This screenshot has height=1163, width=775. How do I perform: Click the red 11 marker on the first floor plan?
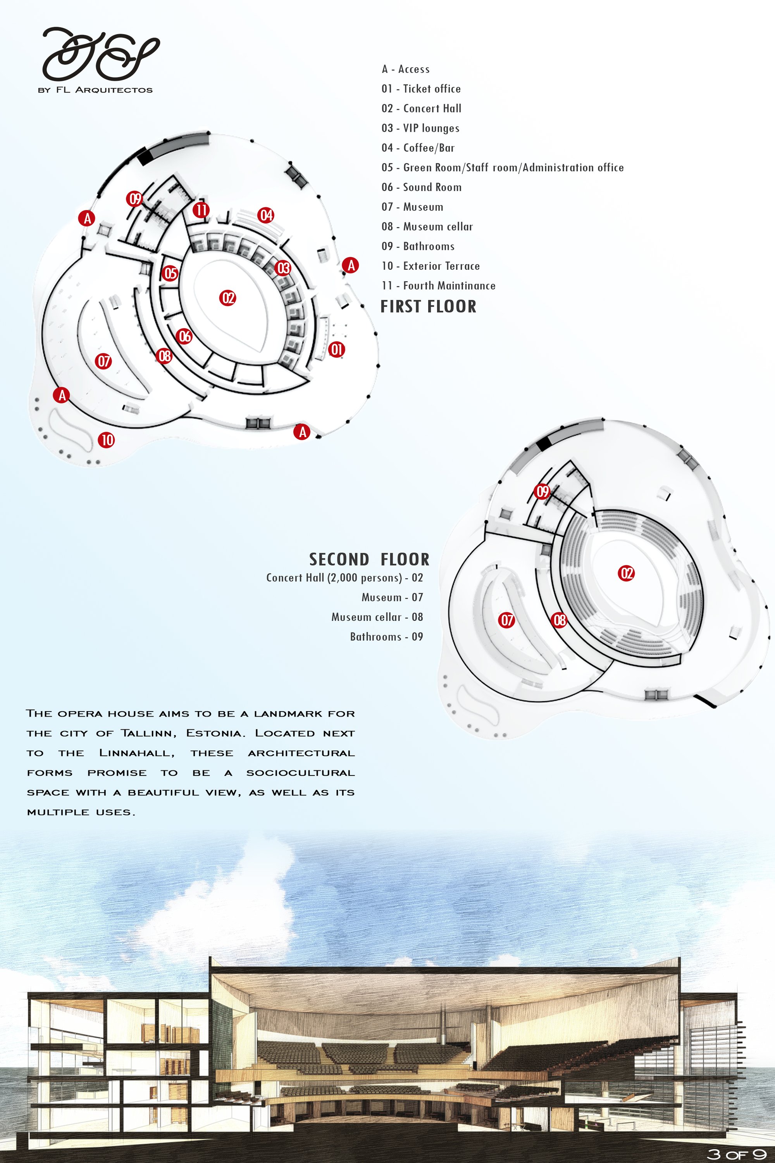click(x=201, y=210)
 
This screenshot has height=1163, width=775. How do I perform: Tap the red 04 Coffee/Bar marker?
click(x=266, y=215)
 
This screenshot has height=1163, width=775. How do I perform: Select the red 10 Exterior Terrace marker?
click(x=106, y=440)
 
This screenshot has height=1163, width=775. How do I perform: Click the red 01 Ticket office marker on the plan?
click(x=337, y=350)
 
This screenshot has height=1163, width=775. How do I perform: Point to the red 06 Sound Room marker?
click(x=184, y=337)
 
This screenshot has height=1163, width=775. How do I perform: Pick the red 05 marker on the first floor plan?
click(x=170, y=273)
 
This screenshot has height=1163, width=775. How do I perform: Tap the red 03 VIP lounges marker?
click(x=283, y=269)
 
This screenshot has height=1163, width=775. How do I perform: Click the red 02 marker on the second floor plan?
click(x=626, y=573)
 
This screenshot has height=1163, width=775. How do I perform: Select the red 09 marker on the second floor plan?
click(x=542, y=491)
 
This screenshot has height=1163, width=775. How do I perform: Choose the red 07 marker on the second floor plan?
click(x=506, y=620)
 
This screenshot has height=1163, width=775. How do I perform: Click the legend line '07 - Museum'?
click(x=412, y=207)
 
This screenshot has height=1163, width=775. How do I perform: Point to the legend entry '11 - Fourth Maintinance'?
click(x=438, y=286)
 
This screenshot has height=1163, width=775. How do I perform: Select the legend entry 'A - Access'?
click(x=406, y=69)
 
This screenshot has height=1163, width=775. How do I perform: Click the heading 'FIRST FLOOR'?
click(x=429, y=307)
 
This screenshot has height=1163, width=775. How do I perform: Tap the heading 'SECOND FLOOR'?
click(x=369, y=560)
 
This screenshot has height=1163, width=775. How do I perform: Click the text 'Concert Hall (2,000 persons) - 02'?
click(x=344, y=578)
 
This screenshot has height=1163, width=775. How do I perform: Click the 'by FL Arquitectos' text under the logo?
click(x=95, y=90)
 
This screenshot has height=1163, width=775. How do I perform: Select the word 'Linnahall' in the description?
click(x=137, y=753)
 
